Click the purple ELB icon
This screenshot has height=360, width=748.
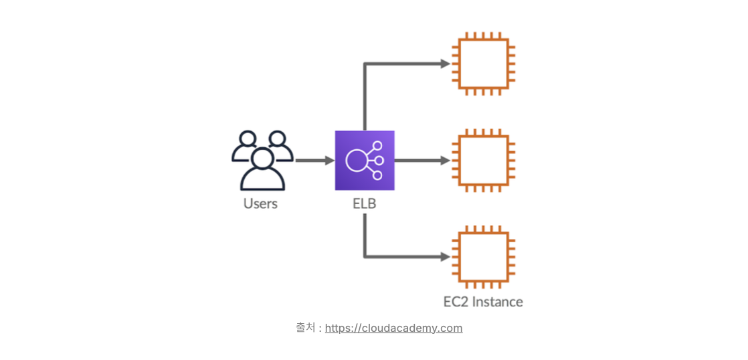365,161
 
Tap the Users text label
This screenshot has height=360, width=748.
260,203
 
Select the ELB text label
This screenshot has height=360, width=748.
365,203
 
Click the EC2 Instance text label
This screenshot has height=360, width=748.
483,302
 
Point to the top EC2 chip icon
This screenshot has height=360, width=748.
483,64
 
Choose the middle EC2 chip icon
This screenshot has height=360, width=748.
483,161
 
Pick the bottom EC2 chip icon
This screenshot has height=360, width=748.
483,256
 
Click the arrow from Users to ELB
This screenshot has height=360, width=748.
313,161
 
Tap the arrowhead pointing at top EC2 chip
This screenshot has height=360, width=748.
445,64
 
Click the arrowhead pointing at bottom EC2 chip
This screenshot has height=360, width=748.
445,256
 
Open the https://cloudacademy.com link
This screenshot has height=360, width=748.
394,328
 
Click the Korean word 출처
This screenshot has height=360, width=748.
305,327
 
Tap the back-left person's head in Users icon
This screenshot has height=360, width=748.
248,139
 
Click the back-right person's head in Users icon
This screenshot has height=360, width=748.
277,139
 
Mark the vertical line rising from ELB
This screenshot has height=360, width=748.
365,97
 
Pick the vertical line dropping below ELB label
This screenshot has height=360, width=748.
365,234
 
